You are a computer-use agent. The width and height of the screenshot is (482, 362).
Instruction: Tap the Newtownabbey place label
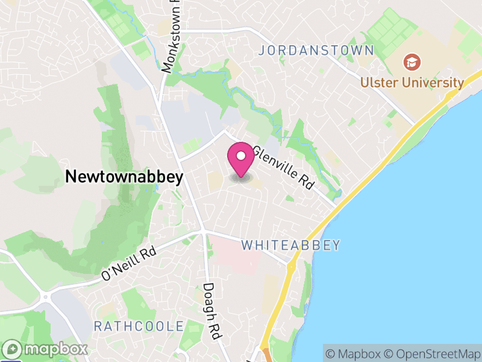124,176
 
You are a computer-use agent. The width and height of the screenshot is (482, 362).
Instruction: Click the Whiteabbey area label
291,245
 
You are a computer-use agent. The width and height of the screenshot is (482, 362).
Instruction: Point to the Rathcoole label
139,326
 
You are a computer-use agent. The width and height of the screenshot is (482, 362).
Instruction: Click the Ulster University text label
412,83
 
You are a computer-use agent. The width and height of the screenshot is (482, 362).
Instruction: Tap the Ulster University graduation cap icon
412,62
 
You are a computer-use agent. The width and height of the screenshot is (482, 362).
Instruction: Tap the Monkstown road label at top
171,36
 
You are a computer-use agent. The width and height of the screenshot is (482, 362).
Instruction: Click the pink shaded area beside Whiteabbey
235,253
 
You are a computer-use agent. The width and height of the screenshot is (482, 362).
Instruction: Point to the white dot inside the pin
241,156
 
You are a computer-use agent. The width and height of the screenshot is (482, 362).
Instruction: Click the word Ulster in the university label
377,83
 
